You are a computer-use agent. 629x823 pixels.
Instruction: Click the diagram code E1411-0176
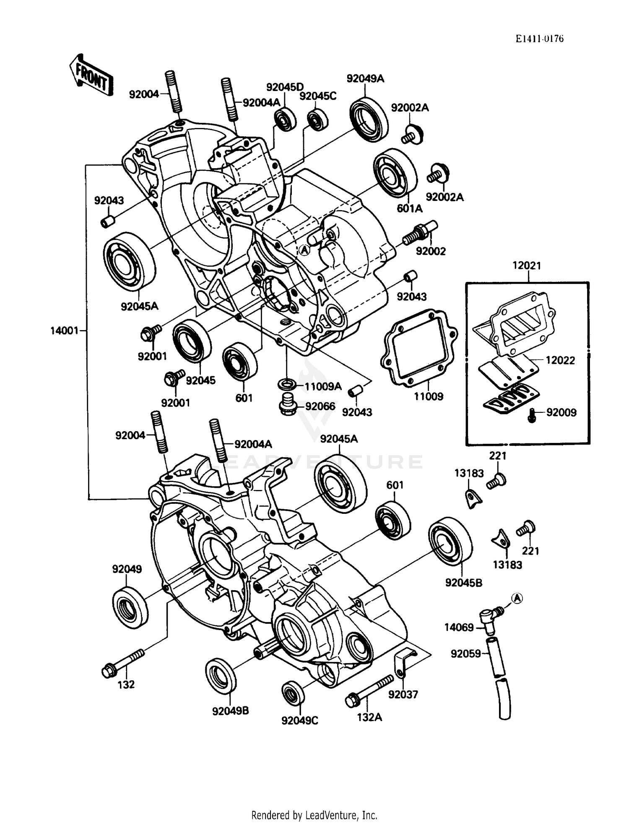[539, 39]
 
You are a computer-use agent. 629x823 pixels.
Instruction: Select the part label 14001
[64, 331]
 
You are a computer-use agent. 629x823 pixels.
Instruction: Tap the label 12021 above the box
[527, 266]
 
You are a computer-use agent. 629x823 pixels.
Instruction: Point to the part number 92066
[320, 406]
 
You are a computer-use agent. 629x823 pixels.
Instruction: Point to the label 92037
[403, 695]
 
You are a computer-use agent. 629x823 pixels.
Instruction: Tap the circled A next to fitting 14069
[517, 598]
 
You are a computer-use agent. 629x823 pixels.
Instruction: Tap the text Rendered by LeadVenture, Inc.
[314, 815]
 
